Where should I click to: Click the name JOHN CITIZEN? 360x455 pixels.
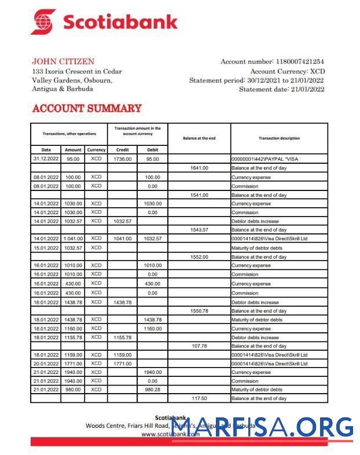coord(63,61)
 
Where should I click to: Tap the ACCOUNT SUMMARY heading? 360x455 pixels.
coord(87,108)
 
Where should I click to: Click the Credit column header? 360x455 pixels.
coord(123,149)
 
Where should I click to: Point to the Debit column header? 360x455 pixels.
coord(152,149)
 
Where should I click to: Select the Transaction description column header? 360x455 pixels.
coord(279,138)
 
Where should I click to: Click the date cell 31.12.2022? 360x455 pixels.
coord(46,159)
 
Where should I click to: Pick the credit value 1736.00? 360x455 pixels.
coord(123,159)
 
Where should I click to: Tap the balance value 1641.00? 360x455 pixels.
coord(199,168)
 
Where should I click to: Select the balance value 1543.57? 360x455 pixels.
coord(199,230)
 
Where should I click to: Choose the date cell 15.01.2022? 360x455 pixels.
coord(46,247)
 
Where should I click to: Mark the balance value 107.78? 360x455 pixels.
coord(199,346)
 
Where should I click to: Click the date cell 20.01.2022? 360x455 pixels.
coord(46,364)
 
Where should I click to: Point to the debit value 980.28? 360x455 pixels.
coord(152,390)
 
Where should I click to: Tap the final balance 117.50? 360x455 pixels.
coord(199,399)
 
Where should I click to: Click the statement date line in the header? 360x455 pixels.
coord(282,89)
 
